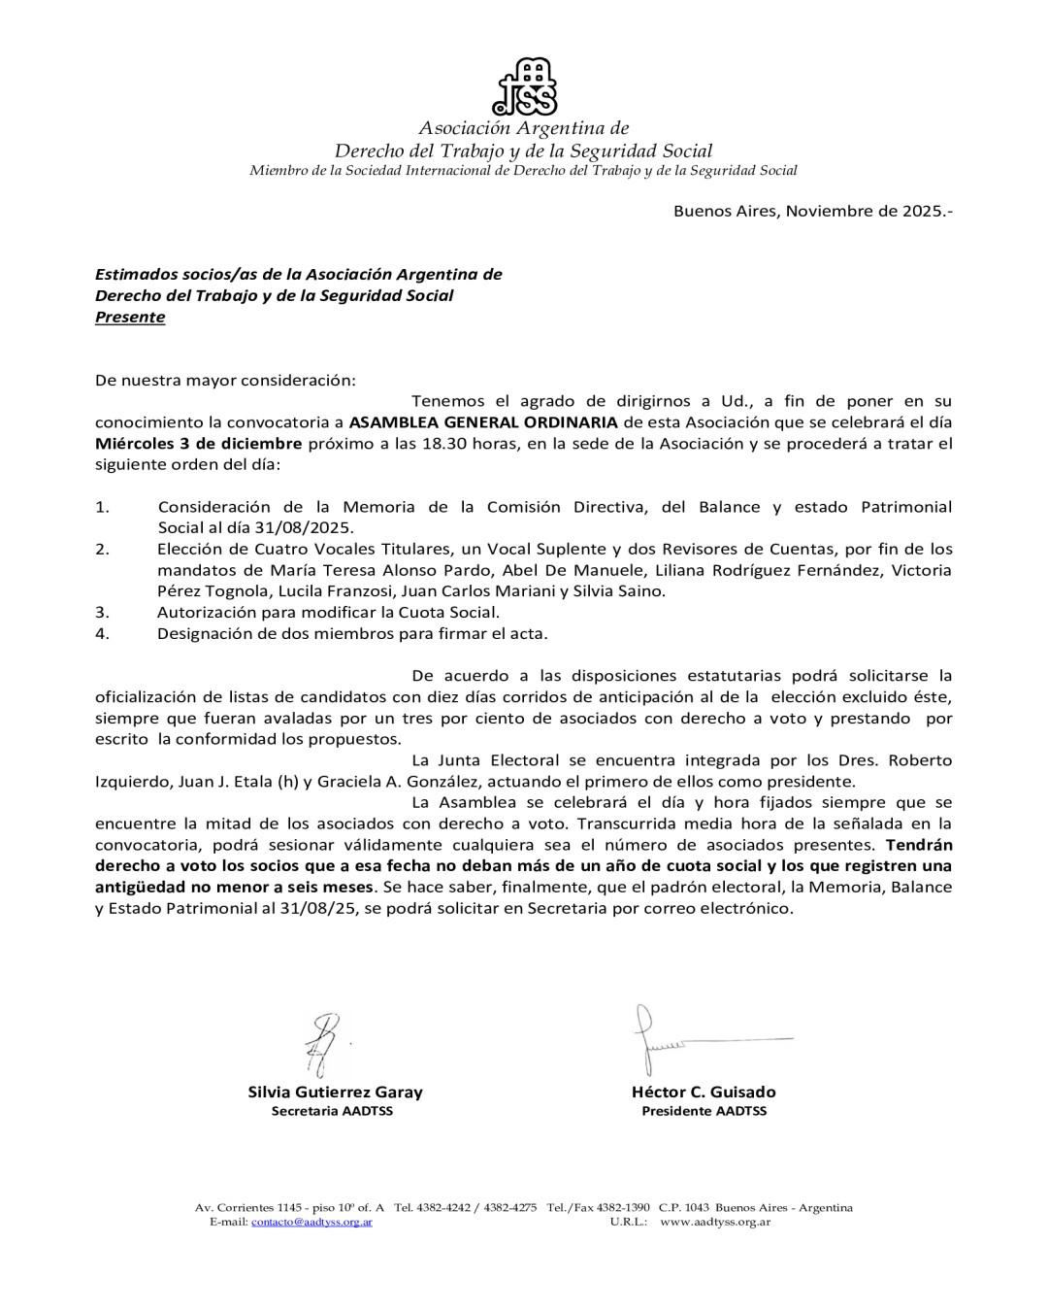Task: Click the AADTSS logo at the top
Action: [525, 85]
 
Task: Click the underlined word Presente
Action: [130, 318]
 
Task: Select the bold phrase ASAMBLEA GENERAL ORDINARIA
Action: [482, 422]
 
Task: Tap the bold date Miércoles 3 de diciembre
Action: [199, 444]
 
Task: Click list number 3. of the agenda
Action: [102, 613]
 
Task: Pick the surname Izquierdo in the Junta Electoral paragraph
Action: [134, 782]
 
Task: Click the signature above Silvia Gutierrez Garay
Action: [321, 1044]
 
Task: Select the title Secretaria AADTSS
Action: [332, 1111]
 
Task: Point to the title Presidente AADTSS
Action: [704, 1111]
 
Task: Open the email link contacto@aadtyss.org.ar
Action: [311, 1222]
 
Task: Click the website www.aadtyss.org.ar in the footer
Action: [715, 1222]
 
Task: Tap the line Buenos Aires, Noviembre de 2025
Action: [813, 211]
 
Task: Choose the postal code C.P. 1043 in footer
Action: [684, 1208]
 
